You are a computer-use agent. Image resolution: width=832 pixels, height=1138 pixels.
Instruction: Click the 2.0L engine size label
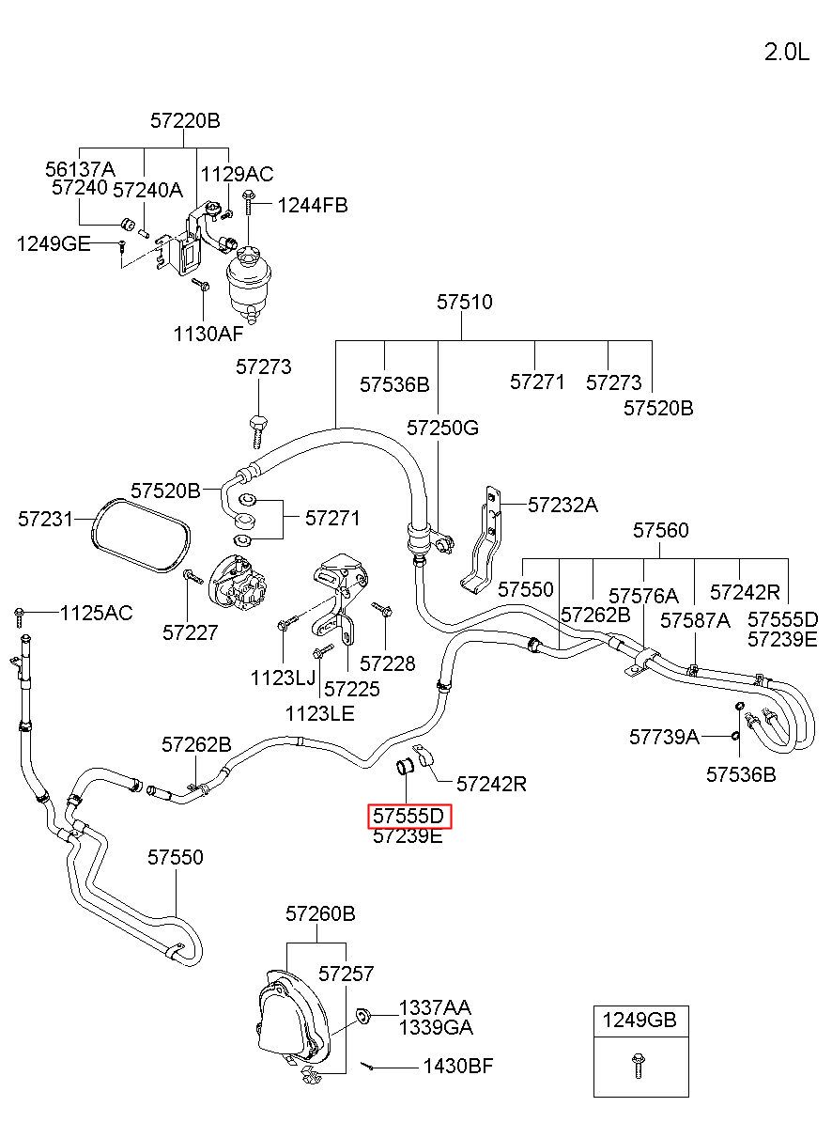pyautogui.click(x=786, y=53)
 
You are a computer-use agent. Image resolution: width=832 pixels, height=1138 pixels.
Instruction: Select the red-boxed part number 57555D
pyautogui.click(x=408, y=817)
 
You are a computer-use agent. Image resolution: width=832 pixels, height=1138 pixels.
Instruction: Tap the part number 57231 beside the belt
pyautogui.click(x=46, y=520)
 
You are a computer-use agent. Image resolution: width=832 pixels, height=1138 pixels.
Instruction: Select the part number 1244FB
pyautogui.click(x=312, y=206)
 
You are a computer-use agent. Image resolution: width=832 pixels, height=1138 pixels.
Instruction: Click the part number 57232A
pyautogui.click(x=562, y=505)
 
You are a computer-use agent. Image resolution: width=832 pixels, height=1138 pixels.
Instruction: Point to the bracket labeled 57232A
pyautogui.click(x=484, y=541)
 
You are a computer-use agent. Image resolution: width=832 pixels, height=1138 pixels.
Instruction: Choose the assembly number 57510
pyautogui.click(x=465, y=302)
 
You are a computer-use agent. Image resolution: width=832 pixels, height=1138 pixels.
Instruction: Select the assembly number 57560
pyautogui.click(x=660, y=530)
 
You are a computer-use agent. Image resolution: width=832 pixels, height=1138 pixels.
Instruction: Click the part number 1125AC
pyautogui.click(x=97, y=613)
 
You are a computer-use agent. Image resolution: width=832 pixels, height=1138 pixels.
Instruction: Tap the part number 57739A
pyautogui.click(x=665, y=737)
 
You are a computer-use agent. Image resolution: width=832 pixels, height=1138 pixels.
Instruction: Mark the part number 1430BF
pyautogui.click(x=458, y=1067)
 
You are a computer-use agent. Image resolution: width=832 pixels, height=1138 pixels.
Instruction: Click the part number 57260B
pyautogui.click(x=320, y=913)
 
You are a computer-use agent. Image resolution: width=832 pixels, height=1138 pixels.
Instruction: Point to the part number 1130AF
pyautogui.click(x=208, y=334)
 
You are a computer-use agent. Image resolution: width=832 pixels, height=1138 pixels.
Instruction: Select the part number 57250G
pyautogui.click(x=442, y=428)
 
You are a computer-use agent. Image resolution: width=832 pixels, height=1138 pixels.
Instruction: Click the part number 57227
pyautogui.click(x=191, y=632)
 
